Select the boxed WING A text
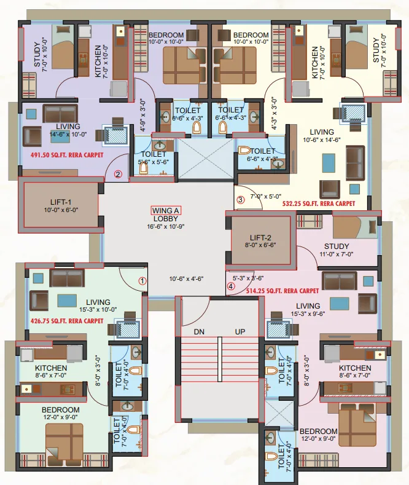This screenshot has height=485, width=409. point(168,210)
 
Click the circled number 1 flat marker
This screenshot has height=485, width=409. point(142,281)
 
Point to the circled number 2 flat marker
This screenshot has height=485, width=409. point(118,174)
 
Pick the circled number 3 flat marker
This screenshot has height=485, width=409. point(241,199)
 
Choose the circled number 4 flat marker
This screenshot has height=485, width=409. point(231,286)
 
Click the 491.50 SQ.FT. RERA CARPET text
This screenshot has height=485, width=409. point(68,156)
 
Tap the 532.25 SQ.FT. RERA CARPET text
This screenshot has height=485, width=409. point(319,202)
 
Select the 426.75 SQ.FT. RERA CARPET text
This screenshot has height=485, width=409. point(67,320)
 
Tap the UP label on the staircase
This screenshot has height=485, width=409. point(240,331)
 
